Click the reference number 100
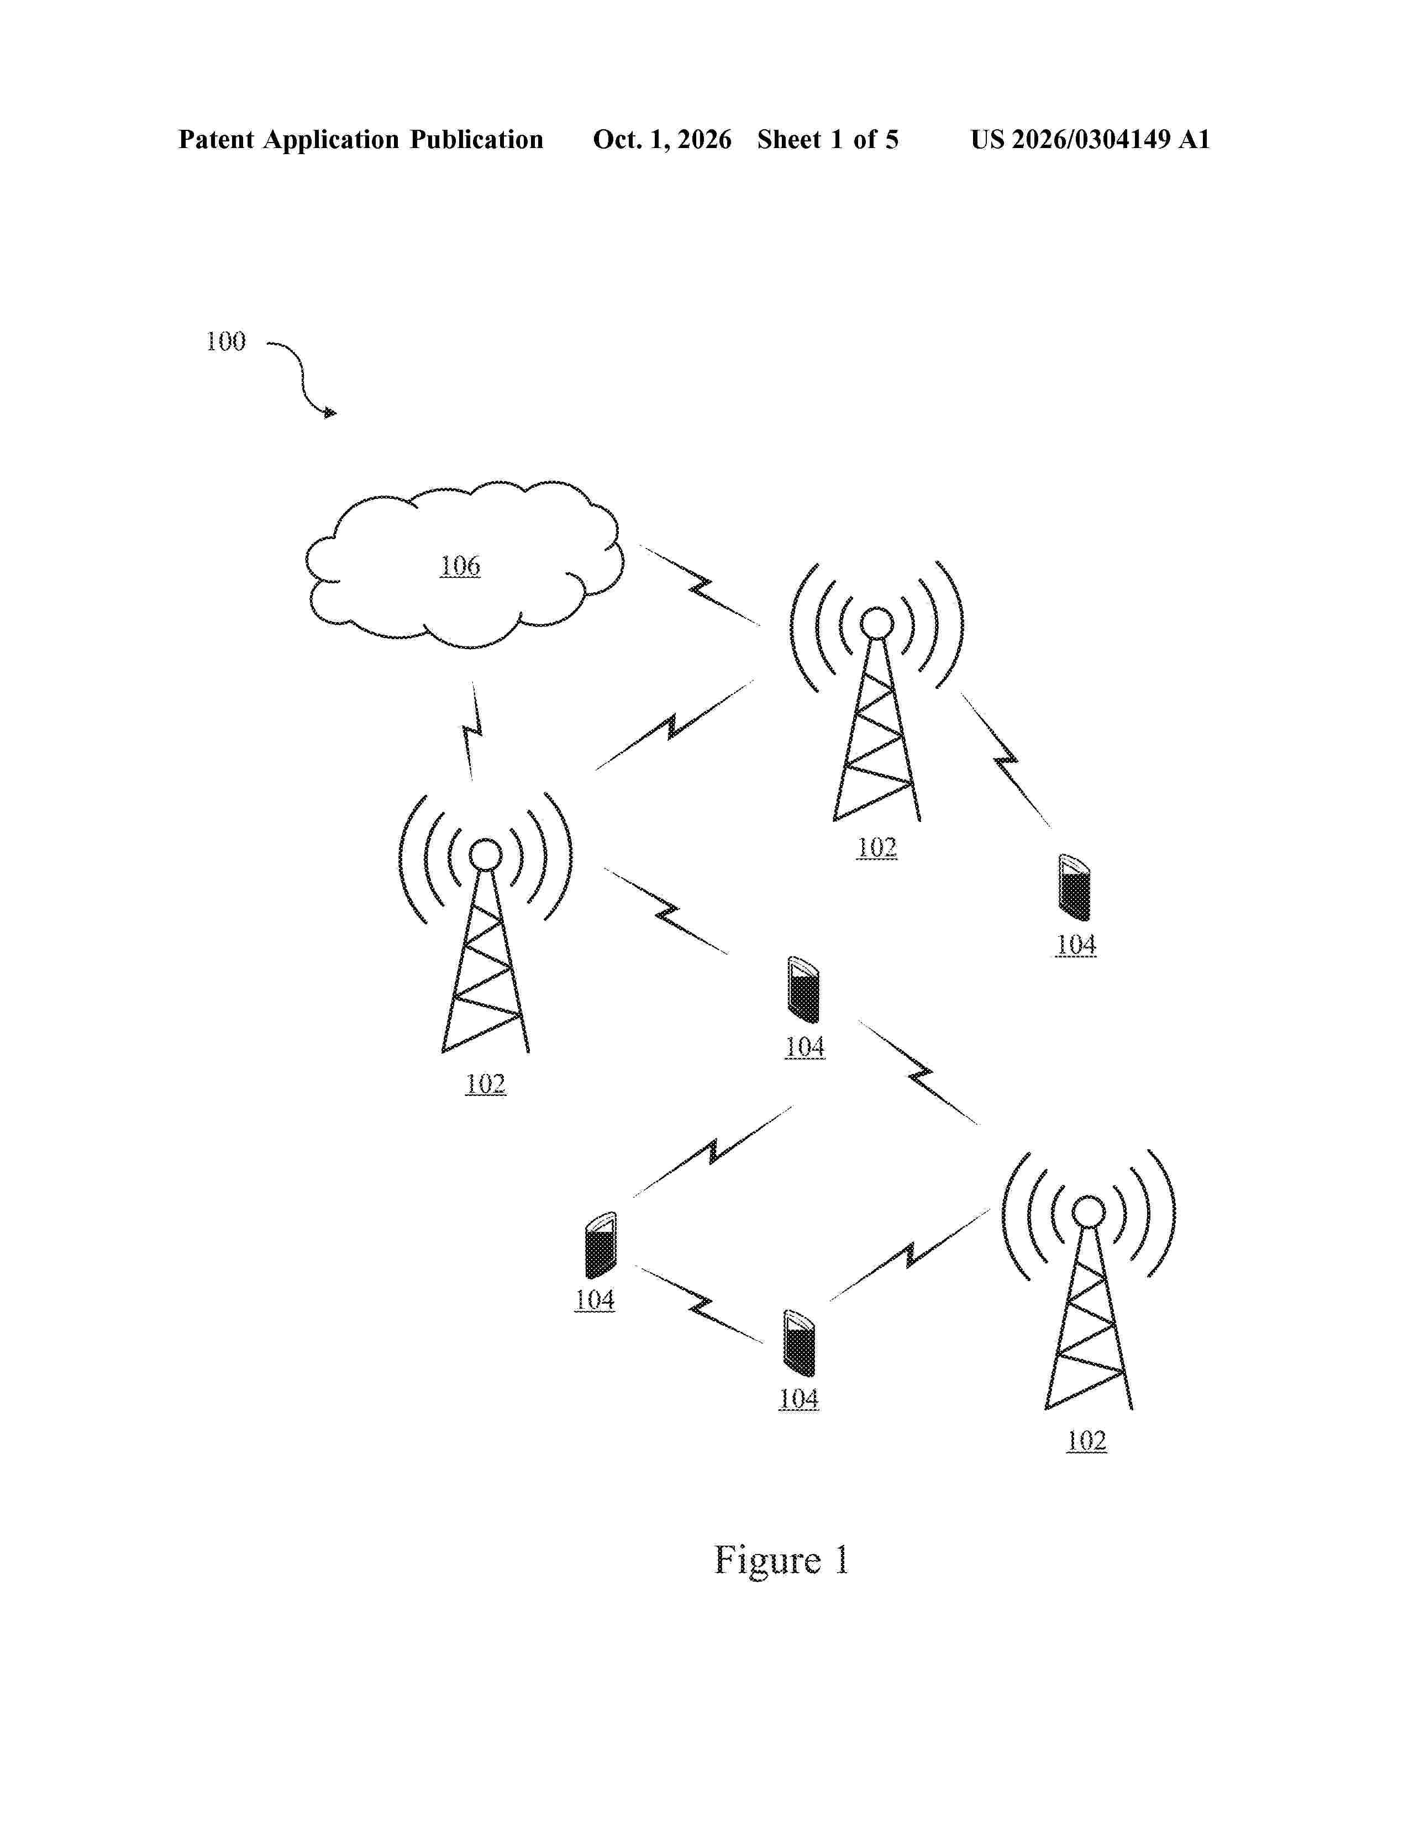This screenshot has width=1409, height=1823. (x=226, y=341)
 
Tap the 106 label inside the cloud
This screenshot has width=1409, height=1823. (x=460, y=566)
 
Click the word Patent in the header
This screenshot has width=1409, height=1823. (x=216, y=139)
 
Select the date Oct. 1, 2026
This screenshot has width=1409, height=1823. (x=662, y=139)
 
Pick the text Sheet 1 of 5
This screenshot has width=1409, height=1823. (x=828, y=139)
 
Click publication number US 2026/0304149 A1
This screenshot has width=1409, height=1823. (x=1090, y=139)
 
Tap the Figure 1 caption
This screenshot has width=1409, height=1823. (x=781, y=1560)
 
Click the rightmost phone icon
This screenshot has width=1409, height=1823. (x=1074, y=887)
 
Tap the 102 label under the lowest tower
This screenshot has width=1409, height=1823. (x=1086, y=1441)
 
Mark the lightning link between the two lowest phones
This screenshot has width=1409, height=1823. (x=700, y=1305)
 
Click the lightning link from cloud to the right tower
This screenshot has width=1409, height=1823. (x=700, y=585)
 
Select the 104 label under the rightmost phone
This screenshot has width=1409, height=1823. (x=1076, y=945)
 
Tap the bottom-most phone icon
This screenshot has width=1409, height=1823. (x=799, y=1344)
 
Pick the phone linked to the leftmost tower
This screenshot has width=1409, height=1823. (x=803, y=990)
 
